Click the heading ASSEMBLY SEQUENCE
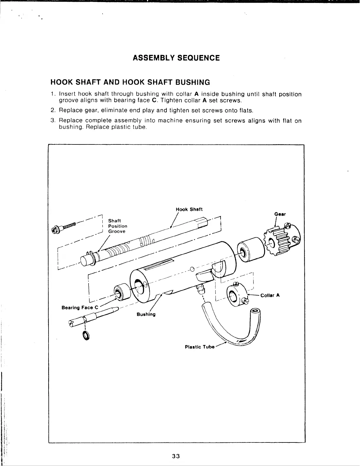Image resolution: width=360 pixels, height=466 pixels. [x=176, y=58]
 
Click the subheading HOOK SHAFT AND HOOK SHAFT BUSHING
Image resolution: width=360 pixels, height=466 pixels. [x=130, y=82]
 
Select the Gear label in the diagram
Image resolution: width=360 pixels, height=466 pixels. [x=280, y=214]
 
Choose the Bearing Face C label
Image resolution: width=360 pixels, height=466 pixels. [x=77, y=308]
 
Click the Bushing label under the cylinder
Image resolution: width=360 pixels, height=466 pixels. [x=146, y=314]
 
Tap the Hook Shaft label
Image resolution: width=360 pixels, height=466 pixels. [x=189, y=209]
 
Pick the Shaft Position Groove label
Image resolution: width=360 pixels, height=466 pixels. [x=118, y=226]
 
